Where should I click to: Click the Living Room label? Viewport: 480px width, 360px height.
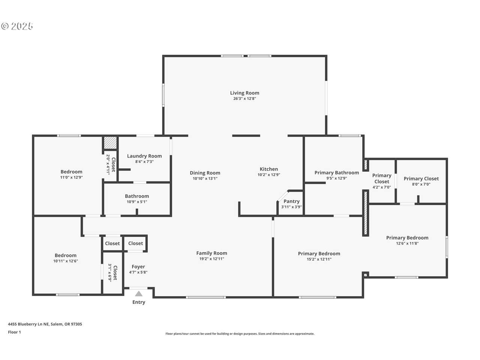pos(244,93)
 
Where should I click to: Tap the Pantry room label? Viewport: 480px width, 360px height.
pos(291,201)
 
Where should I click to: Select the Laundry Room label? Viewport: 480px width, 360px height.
pos(144,156)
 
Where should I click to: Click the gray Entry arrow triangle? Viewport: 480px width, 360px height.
pos(139,294)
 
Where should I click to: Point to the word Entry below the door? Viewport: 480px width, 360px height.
pos(139,302)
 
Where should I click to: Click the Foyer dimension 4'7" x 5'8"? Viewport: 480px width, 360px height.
pos(138,272)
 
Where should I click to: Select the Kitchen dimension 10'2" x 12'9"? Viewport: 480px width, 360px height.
pos(269,175)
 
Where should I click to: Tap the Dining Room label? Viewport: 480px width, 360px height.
pos(205,173)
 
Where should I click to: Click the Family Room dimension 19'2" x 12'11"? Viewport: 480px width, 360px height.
pos(211,259)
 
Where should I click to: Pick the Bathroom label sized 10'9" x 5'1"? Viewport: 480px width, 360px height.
pos(137,196)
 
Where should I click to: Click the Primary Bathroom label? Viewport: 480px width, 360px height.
pos(337,172)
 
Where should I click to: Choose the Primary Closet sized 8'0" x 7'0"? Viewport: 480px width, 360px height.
pos(421,179)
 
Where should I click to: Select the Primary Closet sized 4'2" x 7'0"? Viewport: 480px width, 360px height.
pos(382,178)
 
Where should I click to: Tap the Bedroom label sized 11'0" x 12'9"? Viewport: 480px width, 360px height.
pos(72,172)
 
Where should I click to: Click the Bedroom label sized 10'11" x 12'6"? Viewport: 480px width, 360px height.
pos(66,255)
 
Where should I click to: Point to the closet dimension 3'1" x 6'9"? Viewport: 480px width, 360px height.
pos(110,273)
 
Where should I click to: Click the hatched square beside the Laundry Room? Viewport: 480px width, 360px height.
pos(110,143)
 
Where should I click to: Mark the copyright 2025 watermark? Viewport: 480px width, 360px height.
pos(17,26)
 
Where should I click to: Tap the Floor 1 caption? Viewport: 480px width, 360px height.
pos(14,332)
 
